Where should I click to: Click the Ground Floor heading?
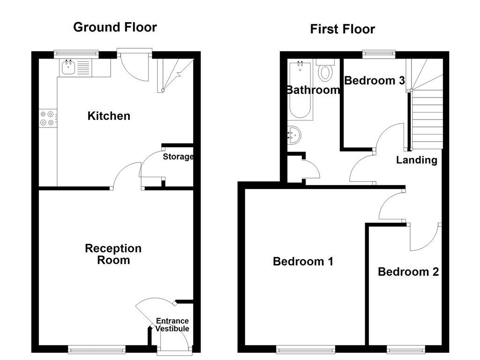pos(115,27)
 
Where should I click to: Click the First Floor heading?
pos(342,29)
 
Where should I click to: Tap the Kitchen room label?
pos(109,116)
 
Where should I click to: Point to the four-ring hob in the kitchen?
pos(47,118)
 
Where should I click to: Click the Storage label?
pos(178,157)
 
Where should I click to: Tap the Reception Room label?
pos(113,254)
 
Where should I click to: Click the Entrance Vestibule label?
pos(172,325)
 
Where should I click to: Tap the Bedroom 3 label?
pos(375,81)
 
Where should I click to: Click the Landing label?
pos(416,160)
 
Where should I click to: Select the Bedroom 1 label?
pos(303,262)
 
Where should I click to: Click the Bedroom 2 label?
pos(408,272)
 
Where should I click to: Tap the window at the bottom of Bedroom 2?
pos(406,349)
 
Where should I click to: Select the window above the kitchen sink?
pos(76,54)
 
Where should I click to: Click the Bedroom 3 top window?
pos(379,54)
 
